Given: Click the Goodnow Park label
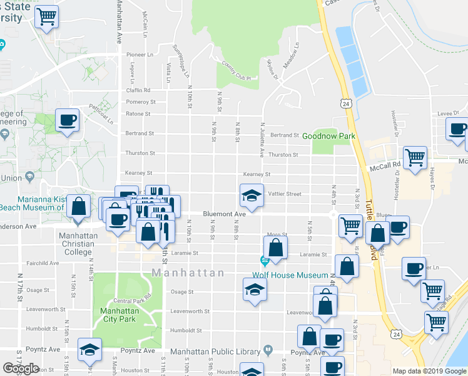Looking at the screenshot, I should (328, 135).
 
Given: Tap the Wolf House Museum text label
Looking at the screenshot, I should (290, 275).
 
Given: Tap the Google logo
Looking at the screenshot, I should (21, 368).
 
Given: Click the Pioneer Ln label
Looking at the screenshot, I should (140, 55).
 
